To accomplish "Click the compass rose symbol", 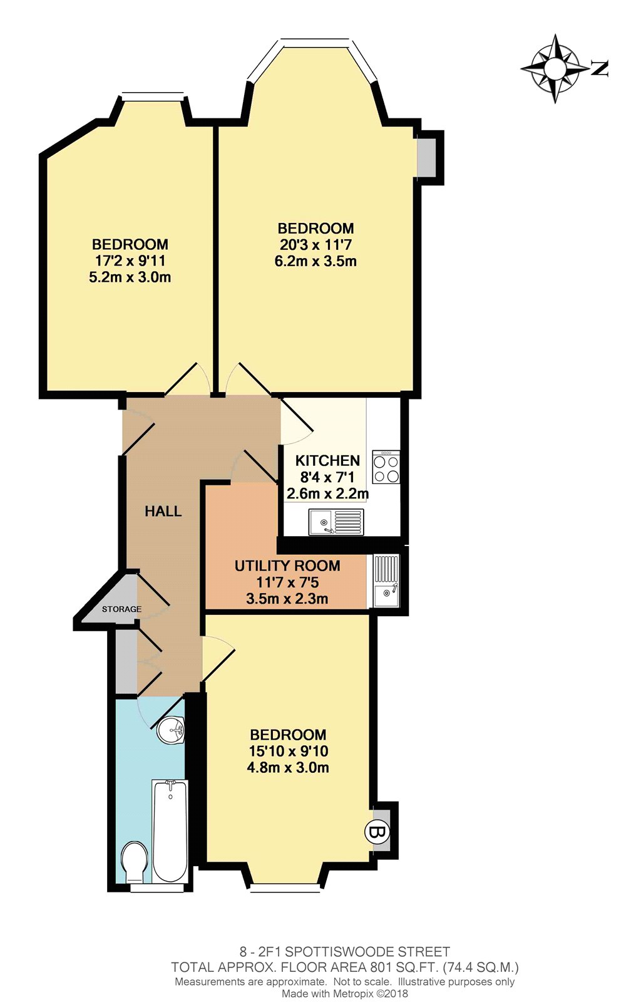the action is tap(555, 68).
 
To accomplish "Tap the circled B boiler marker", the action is tap(377, 832).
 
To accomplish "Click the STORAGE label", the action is tap(121, 609).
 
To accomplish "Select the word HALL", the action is tap(163, 511).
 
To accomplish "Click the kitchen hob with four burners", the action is tap(386, 467).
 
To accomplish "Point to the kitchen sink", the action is tap(336, 522).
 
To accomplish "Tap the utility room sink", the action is tap(386, 581).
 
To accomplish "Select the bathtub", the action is tap(170, 832).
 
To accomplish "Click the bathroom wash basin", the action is tap(172, 730).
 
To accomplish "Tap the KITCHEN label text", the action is tap(328, 461).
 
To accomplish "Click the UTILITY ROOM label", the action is tap(287, 566).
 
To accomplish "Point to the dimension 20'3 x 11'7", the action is tap(315, 245).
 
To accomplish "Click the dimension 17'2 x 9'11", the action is tap(130, 261).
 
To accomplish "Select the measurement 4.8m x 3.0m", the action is tap(288, 768).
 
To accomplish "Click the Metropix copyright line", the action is tap(345, 993).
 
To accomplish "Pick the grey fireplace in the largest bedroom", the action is tap(426, 157).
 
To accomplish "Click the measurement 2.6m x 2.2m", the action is tap(328, 494).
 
